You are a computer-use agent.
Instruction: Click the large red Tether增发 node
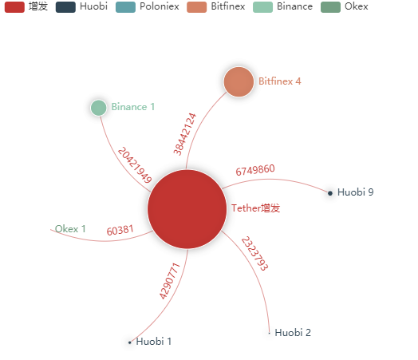tap(187, 209)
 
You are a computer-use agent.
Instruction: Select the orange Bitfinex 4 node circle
tap(239, 81)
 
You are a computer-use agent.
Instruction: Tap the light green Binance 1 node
tap(99, 108)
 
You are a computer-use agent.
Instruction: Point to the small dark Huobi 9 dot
tap(330, 193)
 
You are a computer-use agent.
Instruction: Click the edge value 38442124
tap(185, 134)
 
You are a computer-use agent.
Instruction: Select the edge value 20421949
tap(135, 164)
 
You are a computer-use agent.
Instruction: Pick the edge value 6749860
tap(255, 170)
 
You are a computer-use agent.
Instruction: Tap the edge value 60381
tap(120, 230)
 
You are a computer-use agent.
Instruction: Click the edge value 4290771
tap(170, 281)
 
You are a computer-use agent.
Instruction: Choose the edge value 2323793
tap(254, 253)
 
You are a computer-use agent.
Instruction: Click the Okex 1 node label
tap(70, 229)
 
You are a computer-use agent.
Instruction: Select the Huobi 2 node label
tap(293, 333)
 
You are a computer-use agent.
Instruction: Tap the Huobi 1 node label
tap(153, 342)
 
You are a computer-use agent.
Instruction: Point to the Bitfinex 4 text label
tap(280, 81)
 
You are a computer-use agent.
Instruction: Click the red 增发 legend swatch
tap(14, 7)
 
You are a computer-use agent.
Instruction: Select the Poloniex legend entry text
tap(160, 6)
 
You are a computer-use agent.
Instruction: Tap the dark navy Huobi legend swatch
tap(65, 7)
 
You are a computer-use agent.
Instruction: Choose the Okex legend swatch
tap(330, 7)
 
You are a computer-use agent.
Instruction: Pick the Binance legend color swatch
tap(263, 7)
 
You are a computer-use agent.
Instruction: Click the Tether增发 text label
tap(255, 208)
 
